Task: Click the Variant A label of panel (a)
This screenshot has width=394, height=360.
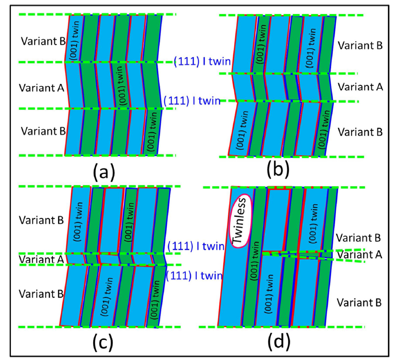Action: [x=42, y=86]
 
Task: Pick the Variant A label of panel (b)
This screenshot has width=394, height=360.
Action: [x=359, y=87]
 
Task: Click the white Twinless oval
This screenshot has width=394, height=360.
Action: [x=241, y=221]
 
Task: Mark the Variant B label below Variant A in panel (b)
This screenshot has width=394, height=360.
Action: [x=359, y=132]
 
